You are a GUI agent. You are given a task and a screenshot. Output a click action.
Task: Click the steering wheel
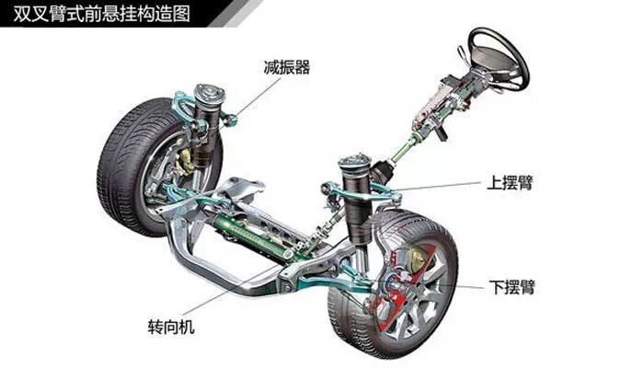498,57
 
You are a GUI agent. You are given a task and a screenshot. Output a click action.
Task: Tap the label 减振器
286,66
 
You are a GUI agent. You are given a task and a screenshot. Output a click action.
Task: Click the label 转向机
171,326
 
